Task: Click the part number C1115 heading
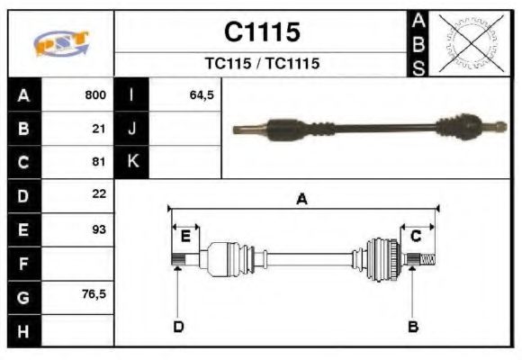pos(261,32)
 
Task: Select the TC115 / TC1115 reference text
pos(261,64)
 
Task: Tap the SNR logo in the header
pos(61,43)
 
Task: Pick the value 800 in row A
pos(95,95)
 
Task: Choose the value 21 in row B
pos(99,128)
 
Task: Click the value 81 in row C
pos(99,162)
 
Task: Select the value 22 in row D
pos(99,193)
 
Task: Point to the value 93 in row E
pos(99,229)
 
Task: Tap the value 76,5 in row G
pos(94,294)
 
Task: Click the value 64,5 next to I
pos(202,95)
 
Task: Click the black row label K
pos(131,162)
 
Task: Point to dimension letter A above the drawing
pos(302,200)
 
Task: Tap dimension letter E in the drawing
pos(185,237)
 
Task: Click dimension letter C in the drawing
pos(416,236)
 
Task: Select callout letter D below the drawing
pos(178,326)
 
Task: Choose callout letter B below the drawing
pos(413,326)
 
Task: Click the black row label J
pos(131,129)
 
